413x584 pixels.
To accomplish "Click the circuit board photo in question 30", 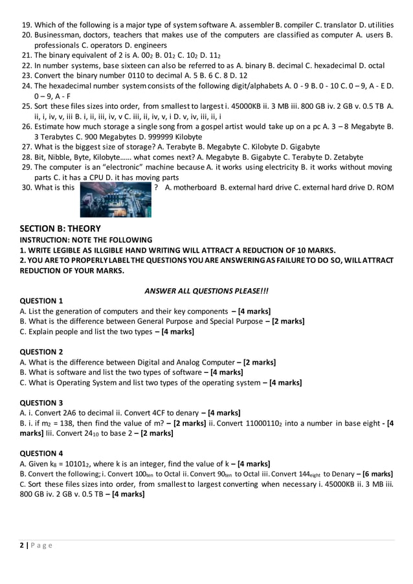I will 116,199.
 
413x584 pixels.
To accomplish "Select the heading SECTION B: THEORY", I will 60,229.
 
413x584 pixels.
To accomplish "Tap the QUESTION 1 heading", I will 42,301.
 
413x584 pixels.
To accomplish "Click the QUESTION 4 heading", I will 42,453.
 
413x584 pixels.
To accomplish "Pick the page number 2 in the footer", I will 21,545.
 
